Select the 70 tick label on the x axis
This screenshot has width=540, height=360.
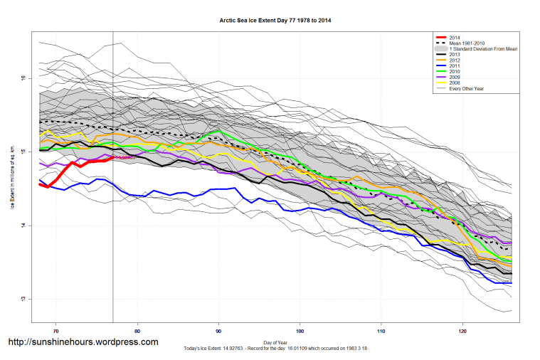[55, 331]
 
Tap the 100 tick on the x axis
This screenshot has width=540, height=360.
[300, 331]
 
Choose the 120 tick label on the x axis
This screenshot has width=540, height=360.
[463, 331]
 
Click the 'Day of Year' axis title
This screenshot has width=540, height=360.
[275, 343]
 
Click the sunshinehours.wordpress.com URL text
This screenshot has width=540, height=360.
[83, 342]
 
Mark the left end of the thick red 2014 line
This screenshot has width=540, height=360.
[40, 184]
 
